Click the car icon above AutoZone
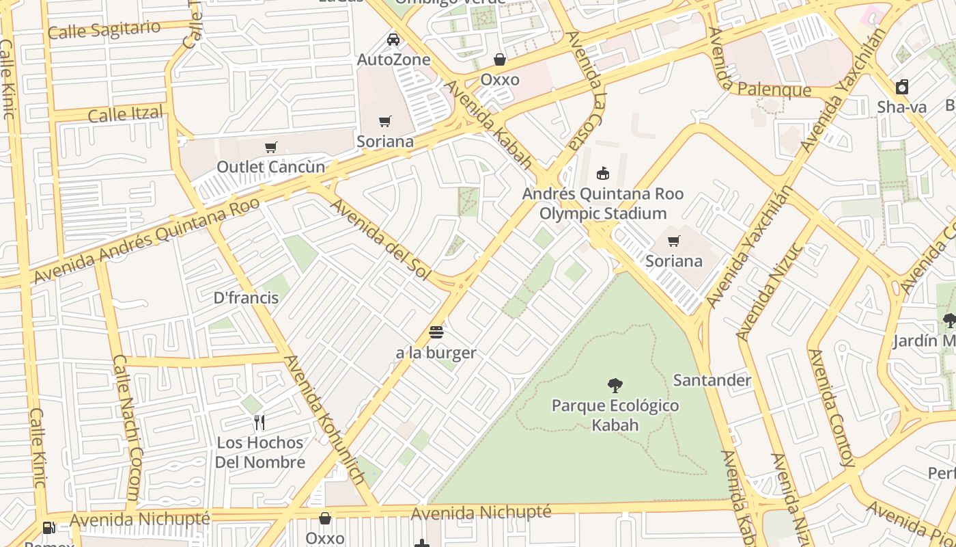coord(393,39)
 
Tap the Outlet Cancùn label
coord(270,167)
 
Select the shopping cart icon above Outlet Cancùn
coord(270,147)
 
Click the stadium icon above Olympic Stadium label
coord(602,173)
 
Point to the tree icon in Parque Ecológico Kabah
coord(615,386)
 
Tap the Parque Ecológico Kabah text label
coord(615,415)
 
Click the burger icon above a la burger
coord(436,333)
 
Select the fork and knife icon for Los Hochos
coord(259,423)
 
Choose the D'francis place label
coord(246,297)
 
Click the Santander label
coord(712,380)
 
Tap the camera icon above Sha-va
coord(901,87)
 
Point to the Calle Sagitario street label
coord(104,30)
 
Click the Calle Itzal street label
coord(126,114)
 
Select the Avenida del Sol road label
coord(381,239)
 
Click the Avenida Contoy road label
coord(831,408)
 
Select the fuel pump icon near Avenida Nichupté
coord(48,527)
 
